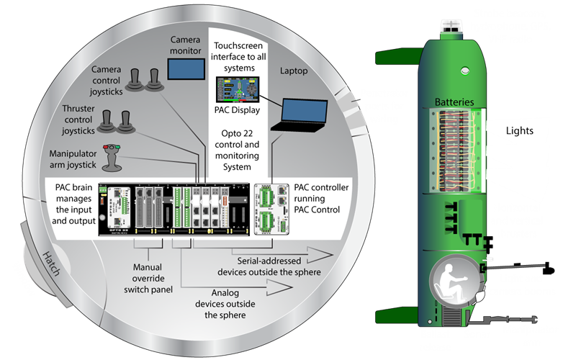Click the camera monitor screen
[185, 68]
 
